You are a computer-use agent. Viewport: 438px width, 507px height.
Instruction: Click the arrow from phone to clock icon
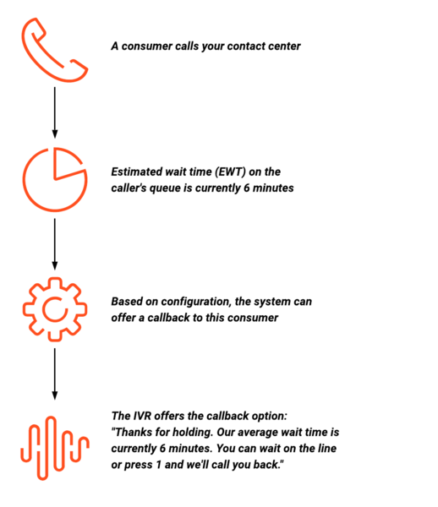click(55, 112)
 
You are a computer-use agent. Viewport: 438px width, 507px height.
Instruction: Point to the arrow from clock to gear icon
click(55, 244)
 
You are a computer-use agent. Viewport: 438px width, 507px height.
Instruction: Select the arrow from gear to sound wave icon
click(55, 374)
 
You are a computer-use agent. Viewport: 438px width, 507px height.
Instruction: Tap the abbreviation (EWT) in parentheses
click(230, 172)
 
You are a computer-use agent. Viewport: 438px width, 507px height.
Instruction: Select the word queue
click(169, 188)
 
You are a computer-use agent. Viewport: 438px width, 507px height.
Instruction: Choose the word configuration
click(196, 302)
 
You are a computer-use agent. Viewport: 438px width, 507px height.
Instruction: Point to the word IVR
click(142, 416)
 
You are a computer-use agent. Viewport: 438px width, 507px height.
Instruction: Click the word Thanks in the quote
click(132, 432)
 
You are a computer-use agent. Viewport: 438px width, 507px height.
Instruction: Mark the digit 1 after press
click(158, 465)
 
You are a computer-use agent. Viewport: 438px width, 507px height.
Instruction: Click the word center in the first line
click(287, 46)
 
